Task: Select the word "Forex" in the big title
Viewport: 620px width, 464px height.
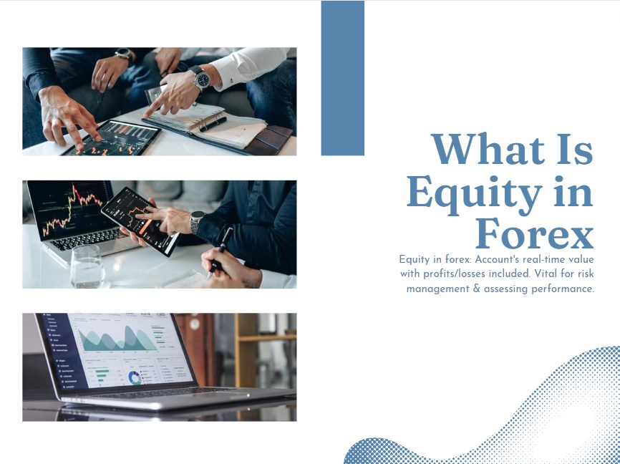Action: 534,234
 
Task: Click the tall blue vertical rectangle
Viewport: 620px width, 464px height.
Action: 342,77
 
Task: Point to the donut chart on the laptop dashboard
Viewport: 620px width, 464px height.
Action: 135,377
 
